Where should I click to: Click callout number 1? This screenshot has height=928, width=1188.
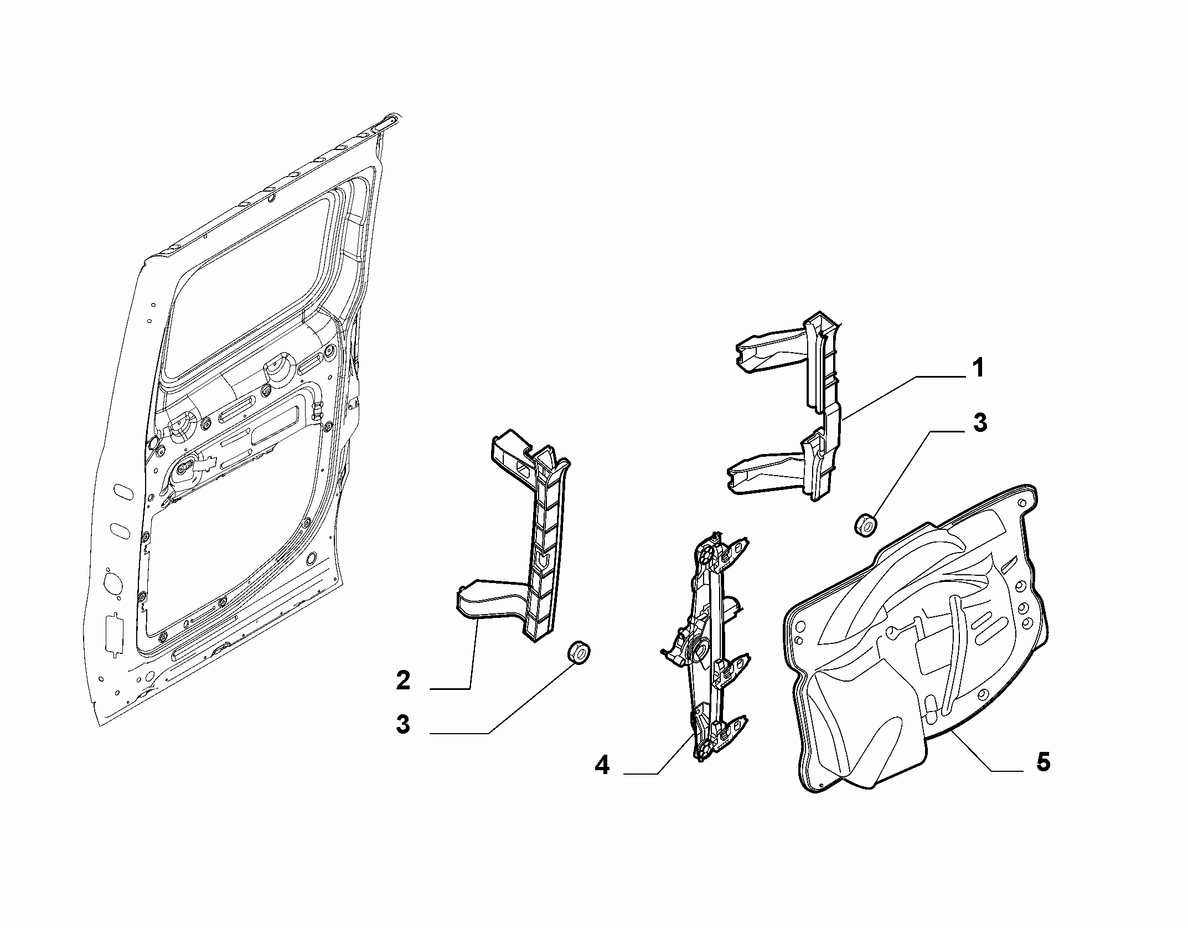[x=978, y=368]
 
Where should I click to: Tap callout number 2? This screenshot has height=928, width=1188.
[x=403, y=680]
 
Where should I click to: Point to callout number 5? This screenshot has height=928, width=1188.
[x=1043, y=762]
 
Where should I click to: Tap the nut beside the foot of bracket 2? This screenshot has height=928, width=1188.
[x=578, y=652]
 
